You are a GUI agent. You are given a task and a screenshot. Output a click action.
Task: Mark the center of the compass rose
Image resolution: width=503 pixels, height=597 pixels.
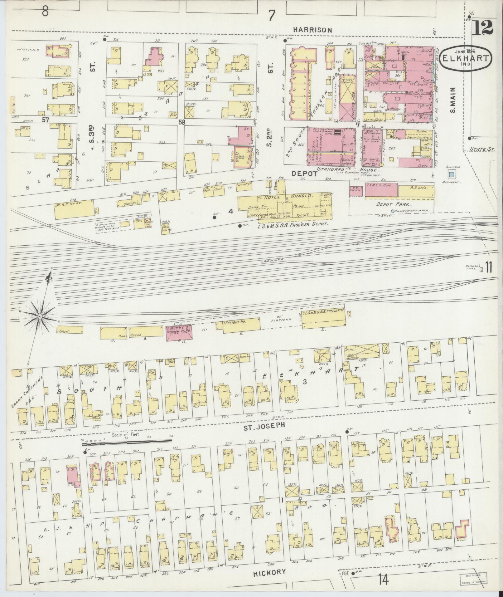pyautogui.click(x=40, y=316)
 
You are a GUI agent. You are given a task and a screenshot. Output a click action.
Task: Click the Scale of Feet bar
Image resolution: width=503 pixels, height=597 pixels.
pyautogui.click(x=126, y=441)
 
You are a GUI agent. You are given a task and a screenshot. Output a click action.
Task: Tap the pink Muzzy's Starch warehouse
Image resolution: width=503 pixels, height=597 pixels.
pyautogui.click(x=179, y=333)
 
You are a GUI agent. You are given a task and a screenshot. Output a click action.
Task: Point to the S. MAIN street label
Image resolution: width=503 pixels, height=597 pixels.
pyautogui.click(x=452, y=100)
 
